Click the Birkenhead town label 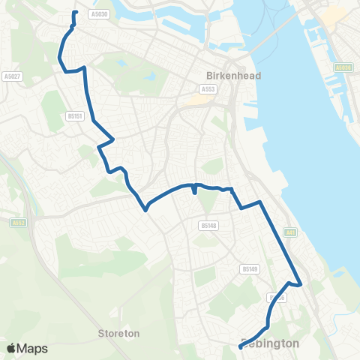pos(226,75)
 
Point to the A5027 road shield pos(10,76)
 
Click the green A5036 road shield pos(343,67)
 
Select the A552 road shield pos(19,222)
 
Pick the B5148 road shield pos(208,224)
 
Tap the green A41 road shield pos(291,232)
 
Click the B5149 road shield pos(249,268)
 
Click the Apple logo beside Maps pos(12,348)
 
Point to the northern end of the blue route pos(75,13)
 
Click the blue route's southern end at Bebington pos(240,346)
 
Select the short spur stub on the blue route pos(195,190)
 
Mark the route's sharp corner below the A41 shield pos(300,284)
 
